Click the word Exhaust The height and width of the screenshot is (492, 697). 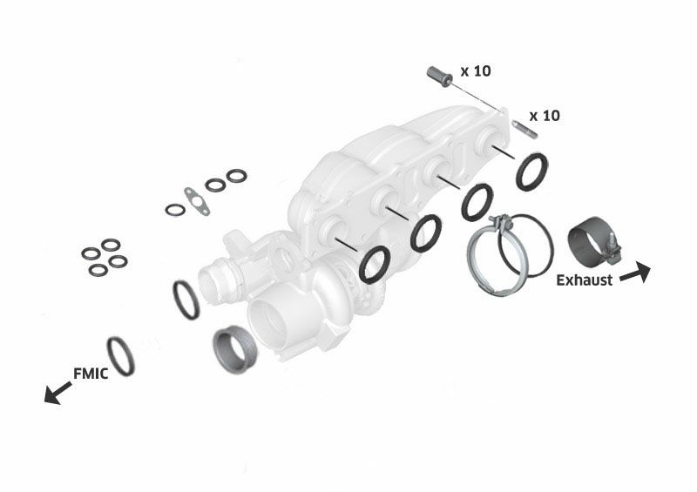point(584,280)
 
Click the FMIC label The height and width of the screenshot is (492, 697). point(91,374)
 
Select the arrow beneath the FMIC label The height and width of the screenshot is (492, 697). point(58,393)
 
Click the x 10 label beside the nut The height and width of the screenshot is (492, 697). point(476,71)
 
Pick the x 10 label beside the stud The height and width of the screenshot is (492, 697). point(545,116)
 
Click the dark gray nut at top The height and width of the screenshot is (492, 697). point(440,77)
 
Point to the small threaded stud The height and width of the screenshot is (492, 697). point(525,129)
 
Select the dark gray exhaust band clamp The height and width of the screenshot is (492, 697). point(593,242)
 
